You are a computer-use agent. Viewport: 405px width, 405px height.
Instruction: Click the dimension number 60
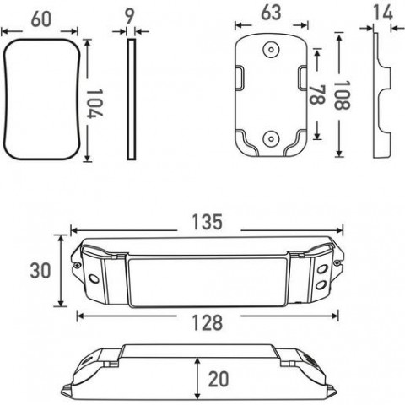point(41,19)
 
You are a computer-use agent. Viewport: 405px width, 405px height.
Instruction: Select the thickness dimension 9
point(129,17)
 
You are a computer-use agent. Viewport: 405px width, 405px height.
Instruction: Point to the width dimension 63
point(271,13)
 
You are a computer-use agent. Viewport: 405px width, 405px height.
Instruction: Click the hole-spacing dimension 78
point(317,94)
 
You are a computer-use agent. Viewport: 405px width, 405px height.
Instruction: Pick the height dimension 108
point(342,95)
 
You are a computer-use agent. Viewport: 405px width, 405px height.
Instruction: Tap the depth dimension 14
point(383,13)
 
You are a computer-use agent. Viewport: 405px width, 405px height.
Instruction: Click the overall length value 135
point(208,222)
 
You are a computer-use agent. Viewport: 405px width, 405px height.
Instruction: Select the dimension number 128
point(208,322)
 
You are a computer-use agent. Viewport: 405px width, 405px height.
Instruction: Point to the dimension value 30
point(40,271)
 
